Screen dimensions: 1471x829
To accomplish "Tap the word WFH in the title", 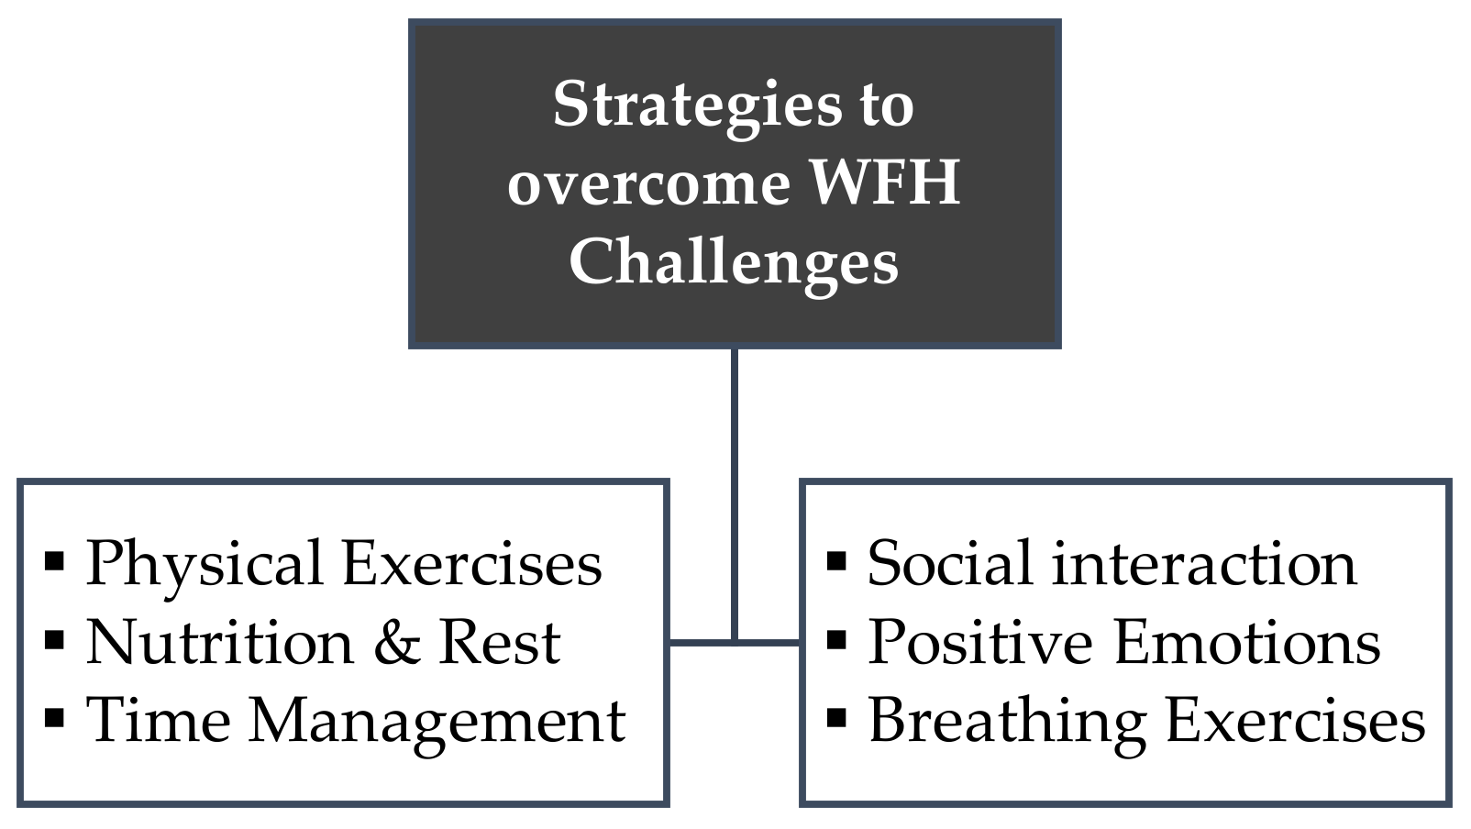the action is (x=886, y=182).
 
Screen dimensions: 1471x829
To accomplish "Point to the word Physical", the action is (x=205, y=566).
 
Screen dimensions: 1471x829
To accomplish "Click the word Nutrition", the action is (x=220, y=643).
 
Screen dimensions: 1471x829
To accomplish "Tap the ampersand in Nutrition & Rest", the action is (x=397, y=643).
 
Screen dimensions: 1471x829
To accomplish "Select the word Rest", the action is (x=500, y=643).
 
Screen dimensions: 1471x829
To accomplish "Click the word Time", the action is (x=159, y=720).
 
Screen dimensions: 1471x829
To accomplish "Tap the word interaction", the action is (x=1204, y=564).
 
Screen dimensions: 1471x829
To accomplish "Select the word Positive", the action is (x=980, y=642).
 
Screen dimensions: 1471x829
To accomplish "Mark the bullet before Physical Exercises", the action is (x=54, y=561).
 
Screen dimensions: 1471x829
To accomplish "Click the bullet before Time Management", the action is (x=54, y=718).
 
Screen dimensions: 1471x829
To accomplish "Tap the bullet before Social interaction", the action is (x=836, y=561).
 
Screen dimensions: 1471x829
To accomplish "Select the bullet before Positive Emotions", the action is (x=836, y=640).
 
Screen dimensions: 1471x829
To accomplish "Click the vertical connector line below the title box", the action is (x=735, y=494).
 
